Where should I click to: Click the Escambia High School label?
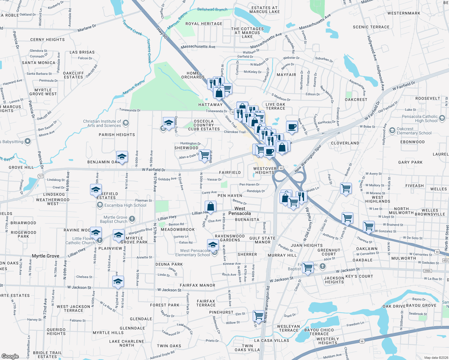point(125,205)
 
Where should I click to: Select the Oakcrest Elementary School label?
point(414,131)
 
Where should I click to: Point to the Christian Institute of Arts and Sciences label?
point(102,123)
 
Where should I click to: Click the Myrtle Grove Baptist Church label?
point(114,219)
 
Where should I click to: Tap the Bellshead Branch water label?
point(212,9)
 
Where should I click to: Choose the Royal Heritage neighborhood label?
point(204,24)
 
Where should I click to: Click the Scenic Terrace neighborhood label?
point(371,27)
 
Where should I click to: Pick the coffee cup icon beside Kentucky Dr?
point(292,127)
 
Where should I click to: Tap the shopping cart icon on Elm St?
point(258,315)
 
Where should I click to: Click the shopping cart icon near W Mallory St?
point(346,188)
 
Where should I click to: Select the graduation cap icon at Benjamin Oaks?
point(122,157)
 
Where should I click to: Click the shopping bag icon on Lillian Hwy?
point(211,206)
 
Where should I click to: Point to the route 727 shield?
point(41,176)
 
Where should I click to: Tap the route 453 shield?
point(445,260)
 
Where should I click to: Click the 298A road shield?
point(427,271)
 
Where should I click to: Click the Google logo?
point(10,356)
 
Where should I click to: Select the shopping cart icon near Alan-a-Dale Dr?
point(205,155)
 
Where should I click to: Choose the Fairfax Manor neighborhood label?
point(197,285)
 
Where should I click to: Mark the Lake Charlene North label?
point(127,343)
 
